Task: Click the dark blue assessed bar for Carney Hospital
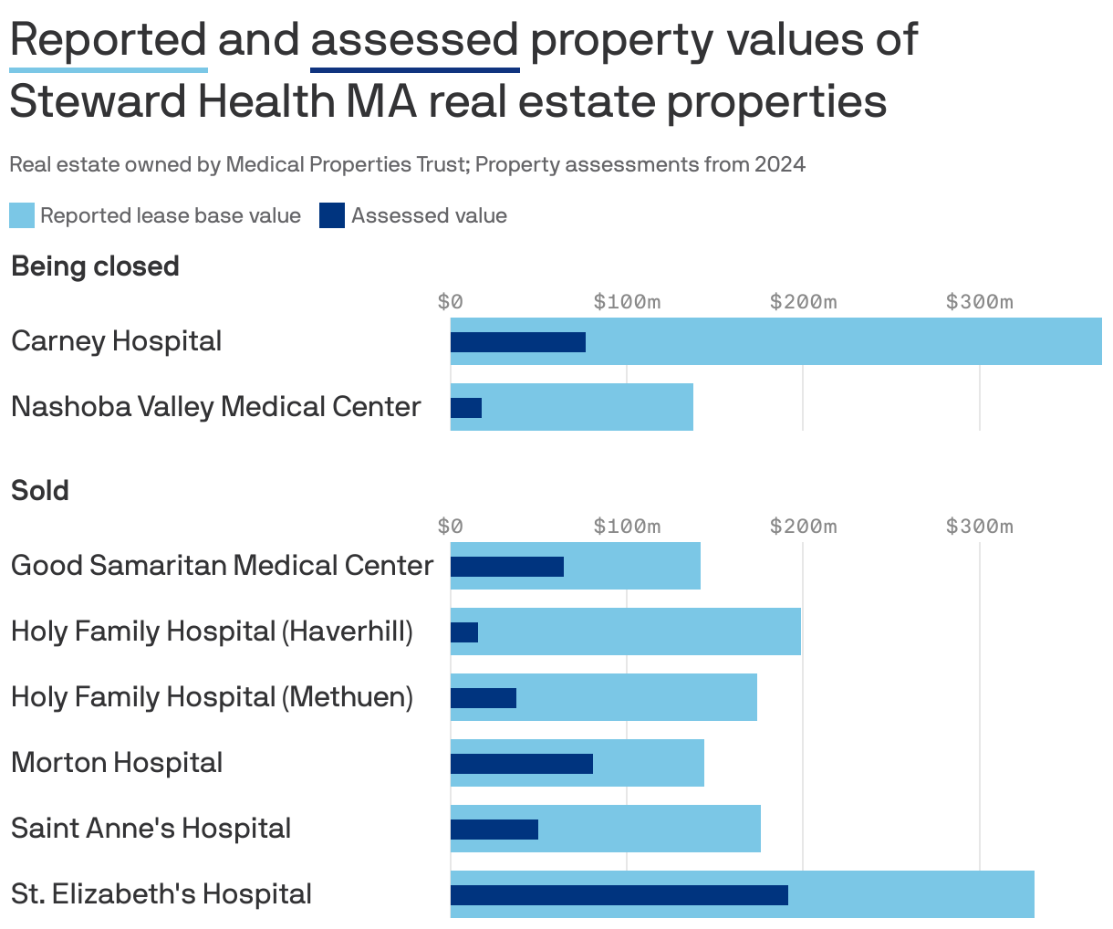pyautogui.click(x=517, y=342)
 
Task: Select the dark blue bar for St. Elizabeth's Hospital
pyautogui.click(x=619, y=895)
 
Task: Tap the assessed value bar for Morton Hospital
pyautogui.click(x=521, y=764)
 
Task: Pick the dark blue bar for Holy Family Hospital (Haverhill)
pyautogui.click(x=464, y=632)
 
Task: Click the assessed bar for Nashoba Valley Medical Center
pyautogui.click(x=466, y=408)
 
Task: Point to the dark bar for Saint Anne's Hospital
pyautogui.click(x=494, y=830)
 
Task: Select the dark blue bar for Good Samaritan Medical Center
pyautogui.click(x=506, y=567)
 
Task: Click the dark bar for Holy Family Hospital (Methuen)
pyautogui.click(x=483, y=698)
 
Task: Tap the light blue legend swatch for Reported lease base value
pyautogui.click(x=22, y=216)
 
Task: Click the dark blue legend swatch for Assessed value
pyautogui.click(x=332, y=216)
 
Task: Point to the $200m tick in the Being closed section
pyautogui.click(x=803, y=302)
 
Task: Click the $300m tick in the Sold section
pyautogui.click(x=979, y=527)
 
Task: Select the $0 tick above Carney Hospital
pyautogui.click(x=451, y=302)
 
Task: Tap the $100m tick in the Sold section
pyautogui.click(x=627, y=527)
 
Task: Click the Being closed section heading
pyautogui.click(x=95, y=266)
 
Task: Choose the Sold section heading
pyautogui.click(x=40, y=491)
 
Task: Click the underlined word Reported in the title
pyautogui.click(x=109, y=40)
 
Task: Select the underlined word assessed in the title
pyautogui.click(x=414, y=40)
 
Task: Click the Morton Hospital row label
pyautogui.click(x=117, y=763)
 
